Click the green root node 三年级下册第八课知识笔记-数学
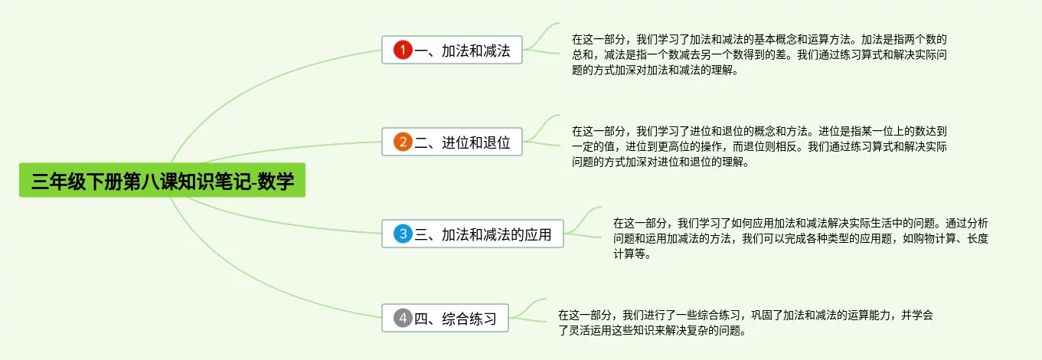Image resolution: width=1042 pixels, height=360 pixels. pos(162,181)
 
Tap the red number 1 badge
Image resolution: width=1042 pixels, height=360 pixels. pos(403,51)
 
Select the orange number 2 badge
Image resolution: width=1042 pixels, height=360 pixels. pos(403,142)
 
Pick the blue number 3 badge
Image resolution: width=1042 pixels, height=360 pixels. pos(403,234)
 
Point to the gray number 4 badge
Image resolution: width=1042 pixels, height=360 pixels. pos(403,318)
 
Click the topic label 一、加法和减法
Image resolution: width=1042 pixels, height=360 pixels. pos(462,51)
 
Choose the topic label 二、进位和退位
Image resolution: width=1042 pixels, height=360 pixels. pos(462,142)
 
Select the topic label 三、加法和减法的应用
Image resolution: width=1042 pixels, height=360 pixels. pos(483,234)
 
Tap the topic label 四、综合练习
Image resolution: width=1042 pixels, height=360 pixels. pos(456,318)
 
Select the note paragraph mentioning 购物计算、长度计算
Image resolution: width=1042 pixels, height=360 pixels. pos(800,238)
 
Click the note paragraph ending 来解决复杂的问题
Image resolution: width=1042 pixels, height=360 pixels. pos(746,322)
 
